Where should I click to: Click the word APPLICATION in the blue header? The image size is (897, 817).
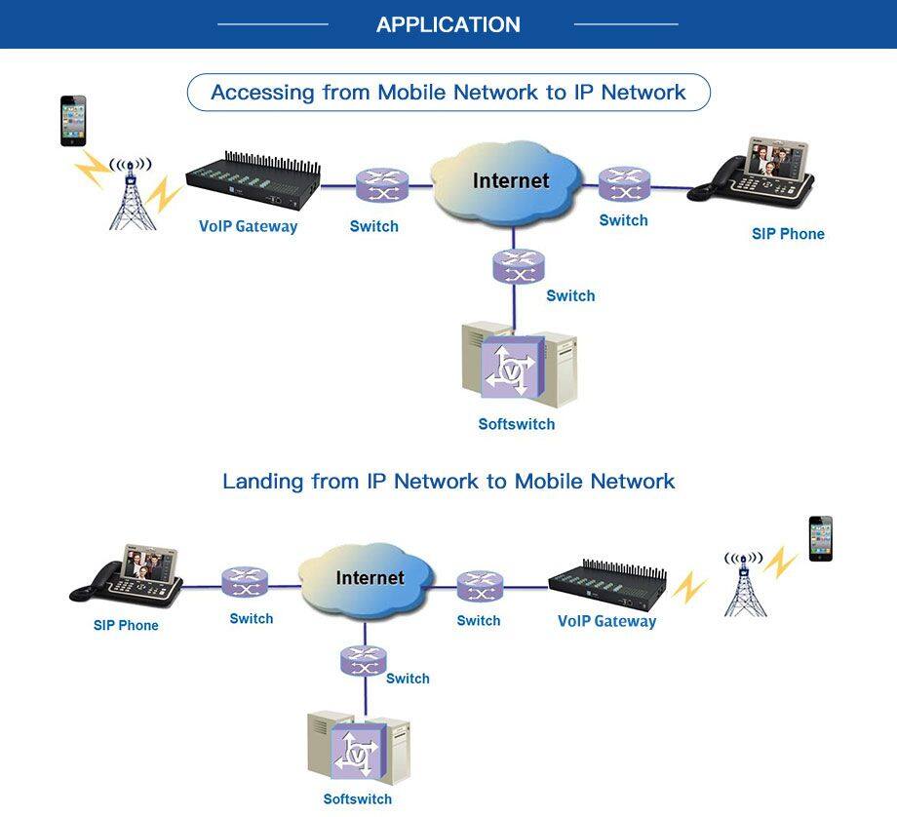[448, 24]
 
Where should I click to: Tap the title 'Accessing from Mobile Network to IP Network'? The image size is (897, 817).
[448, 93]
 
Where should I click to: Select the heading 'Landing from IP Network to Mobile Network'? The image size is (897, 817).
[448, 482]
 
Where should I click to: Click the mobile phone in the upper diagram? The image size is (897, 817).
[73, 121]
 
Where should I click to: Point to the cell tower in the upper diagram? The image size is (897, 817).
[132, 195]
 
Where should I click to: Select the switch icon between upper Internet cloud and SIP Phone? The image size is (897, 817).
[624, 184]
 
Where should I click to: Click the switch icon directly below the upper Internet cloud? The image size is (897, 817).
[519, 265]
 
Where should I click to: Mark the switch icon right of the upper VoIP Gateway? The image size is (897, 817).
[380, 185]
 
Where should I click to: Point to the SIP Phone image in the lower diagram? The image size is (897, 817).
[128, 576]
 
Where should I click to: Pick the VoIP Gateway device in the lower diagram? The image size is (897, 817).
[609, 583]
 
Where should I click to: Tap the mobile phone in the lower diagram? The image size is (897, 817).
[821, 538]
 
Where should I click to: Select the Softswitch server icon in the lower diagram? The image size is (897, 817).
[359, 749]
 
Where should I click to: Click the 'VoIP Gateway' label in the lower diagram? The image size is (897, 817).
[606, 621]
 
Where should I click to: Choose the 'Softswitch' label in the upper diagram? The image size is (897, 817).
[517, 424]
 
